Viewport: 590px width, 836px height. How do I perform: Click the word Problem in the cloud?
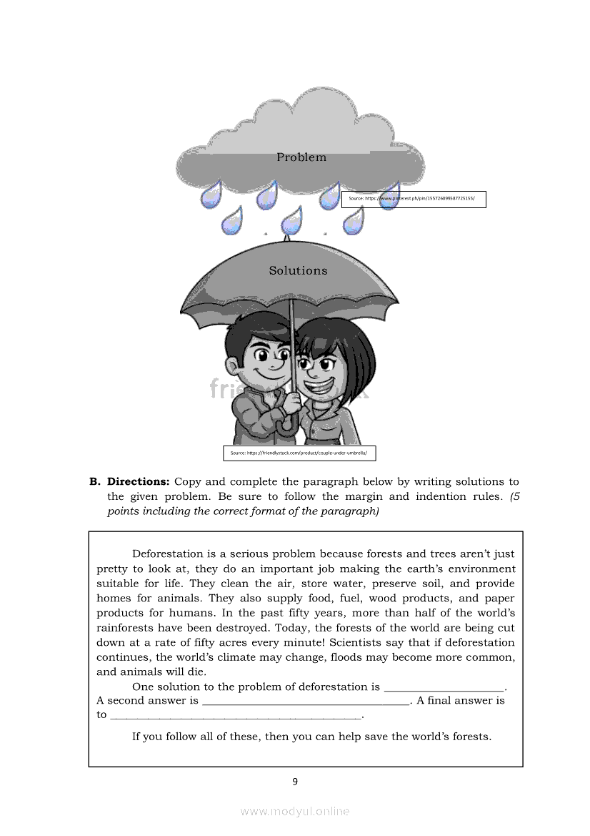click(x=301, y=157)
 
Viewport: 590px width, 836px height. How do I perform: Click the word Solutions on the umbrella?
click(x=298, y=270)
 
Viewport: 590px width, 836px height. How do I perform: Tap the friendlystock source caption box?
click(x=299, y=453)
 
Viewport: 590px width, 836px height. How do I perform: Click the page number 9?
click(x=295, y=781)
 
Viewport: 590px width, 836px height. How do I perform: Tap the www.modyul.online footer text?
click(x=295, y=811)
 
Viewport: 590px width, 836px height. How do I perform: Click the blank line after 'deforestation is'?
click(x=444, y=687)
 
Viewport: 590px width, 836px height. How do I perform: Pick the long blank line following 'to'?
click(x=236, y=715)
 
